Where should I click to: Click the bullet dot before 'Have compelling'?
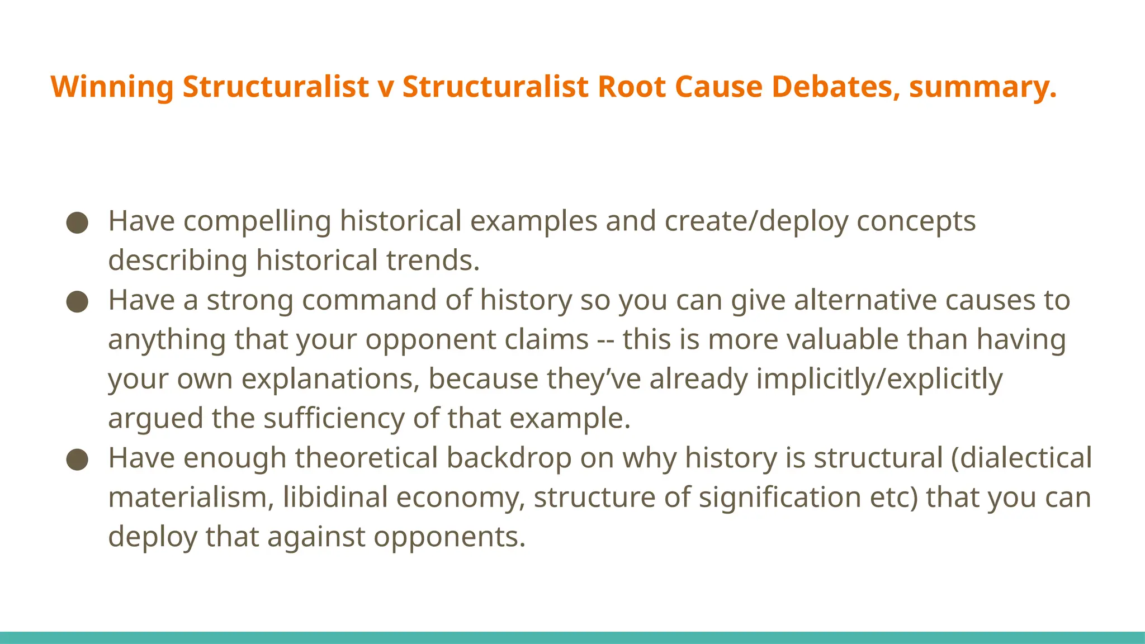pyautogui.click(x=77, y=222)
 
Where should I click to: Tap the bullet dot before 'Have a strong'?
pyautogui.click(x=77, y=302)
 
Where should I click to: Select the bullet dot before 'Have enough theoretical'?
pyautogui.click(x=77, y=460)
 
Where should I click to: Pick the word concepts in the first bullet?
pyautogui.click(x=916, y=221)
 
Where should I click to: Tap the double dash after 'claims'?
pyautogui.click(x=605, y=340)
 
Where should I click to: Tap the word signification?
pyautogui.click(x=779, y=498)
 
